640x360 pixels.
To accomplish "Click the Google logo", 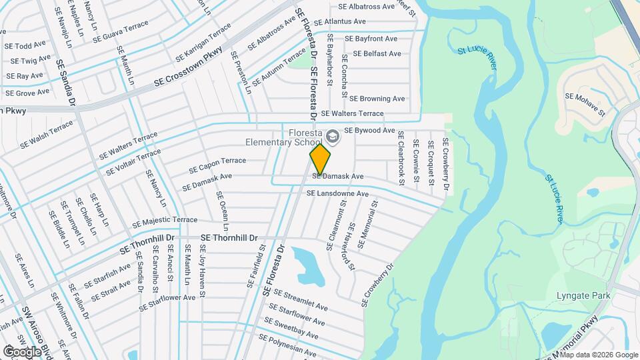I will [22, 351].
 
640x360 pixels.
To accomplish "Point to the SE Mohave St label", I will [585, 105].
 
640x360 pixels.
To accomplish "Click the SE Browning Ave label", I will [377, 99].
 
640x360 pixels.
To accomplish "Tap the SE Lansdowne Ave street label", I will [337, 194].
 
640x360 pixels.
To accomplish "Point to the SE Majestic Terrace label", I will [165, 221].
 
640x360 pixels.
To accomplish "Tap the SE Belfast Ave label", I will [377, 53].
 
